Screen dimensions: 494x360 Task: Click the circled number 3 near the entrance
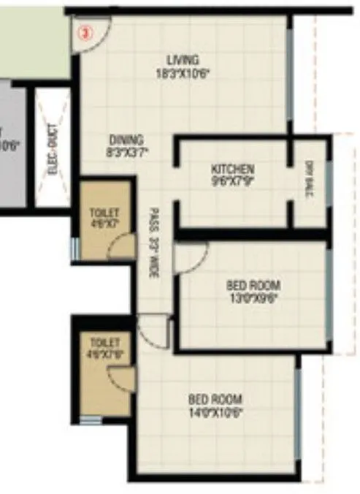86,33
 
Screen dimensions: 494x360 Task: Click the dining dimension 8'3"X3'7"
126,153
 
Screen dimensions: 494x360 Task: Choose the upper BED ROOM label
253,284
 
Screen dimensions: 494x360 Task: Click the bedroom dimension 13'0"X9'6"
253,297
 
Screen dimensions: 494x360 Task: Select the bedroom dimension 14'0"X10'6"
215,412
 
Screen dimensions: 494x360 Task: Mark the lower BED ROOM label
215,400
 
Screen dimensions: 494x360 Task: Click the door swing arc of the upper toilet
120,246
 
